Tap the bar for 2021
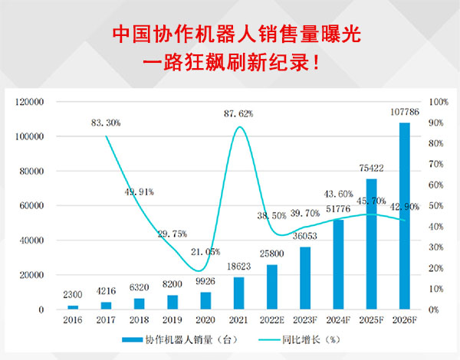coord(239,293)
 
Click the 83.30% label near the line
coord(105,122)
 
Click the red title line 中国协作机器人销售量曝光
coord(230,34)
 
